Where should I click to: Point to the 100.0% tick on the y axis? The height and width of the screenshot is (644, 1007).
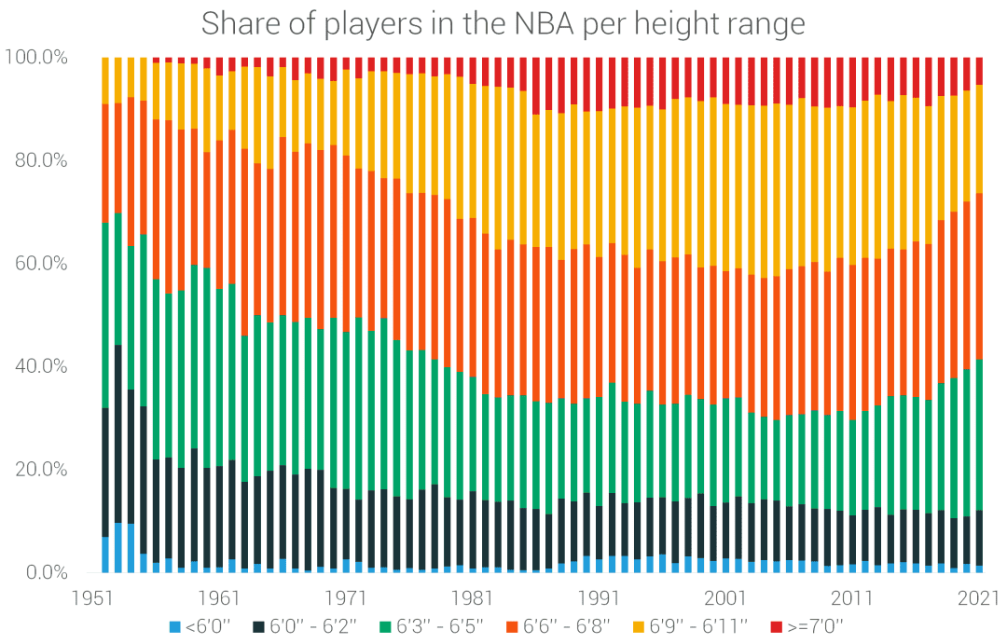tap(36, 58)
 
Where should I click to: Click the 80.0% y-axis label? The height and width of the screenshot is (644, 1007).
tap(40, 160)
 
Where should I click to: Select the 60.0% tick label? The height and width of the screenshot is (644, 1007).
tap(40, 264)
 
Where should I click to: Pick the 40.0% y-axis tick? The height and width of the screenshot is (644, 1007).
tap(40, 366)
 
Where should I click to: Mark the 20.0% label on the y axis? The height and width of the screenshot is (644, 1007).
tap(40, 469)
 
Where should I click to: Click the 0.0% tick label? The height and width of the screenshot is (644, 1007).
tap(45, 572)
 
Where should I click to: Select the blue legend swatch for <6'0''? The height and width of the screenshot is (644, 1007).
tap(174, 623)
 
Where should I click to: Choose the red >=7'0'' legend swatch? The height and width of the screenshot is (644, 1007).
tap(776, 623)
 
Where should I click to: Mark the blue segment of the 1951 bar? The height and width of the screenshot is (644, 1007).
tap(105, 555)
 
